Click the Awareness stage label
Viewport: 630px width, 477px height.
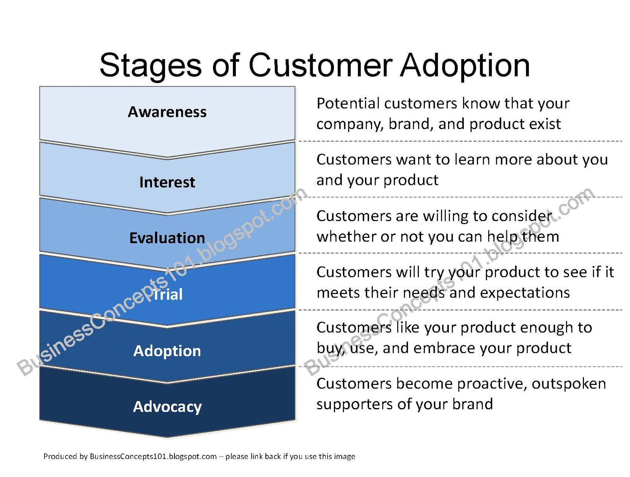pyautogui.click(x=167, y=112)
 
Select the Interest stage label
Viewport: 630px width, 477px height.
pyautogui.click(x=167, y=182)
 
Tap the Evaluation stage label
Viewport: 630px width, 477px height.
pyautogui.click(x=167, y=238)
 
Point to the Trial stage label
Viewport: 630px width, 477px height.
pyautogui.click(x=167, y=294)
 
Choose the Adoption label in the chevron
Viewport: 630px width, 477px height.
pyautogui.click(x=167, y=351)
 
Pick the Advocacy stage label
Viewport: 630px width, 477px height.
pyautogui.click(x=167, y=407)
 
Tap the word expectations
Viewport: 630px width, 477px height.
pyautogui.click(x=524, y=293)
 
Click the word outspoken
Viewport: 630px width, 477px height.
pyautogui.click(x=569, y=384)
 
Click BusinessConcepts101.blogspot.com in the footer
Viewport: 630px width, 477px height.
pyautogui.click(x=153, y=457)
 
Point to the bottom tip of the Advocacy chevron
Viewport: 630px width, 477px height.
pyautogui.click(x=167, y=437)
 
